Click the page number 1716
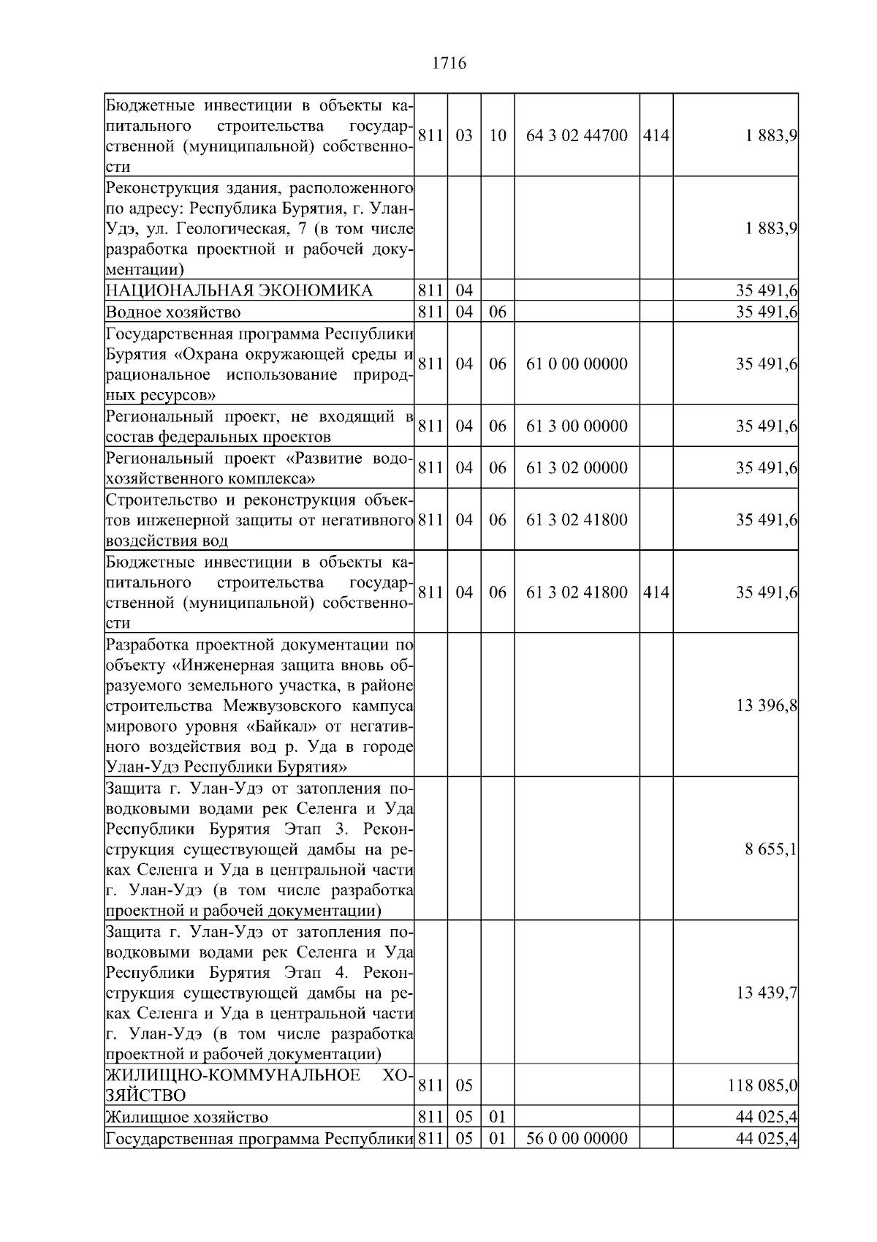(449, 64)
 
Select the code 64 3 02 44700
(577, 136)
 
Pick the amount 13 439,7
(767, 993)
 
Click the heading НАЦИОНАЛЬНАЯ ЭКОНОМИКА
(239, 291)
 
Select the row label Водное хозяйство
(173, 312)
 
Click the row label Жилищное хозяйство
(187, 1118)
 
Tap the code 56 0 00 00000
(577, 1139)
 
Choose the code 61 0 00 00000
(577, 364)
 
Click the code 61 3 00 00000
(577, 426)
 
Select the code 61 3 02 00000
(577, 468)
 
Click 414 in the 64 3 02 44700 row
(656, 136)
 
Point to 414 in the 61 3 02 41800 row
(656, 592)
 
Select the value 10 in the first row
(497, 136)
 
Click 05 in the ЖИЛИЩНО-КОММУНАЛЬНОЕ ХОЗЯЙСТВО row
(464, 1085)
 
